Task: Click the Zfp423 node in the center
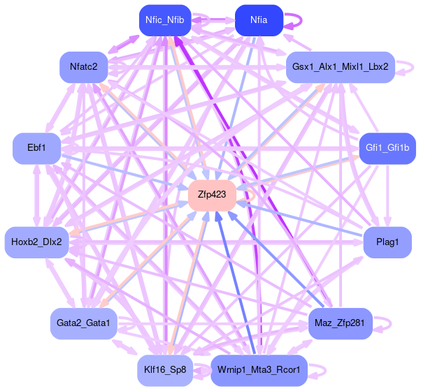212,195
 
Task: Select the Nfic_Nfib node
164,20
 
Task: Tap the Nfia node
259,20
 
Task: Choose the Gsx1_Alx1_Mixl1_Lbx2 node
341,67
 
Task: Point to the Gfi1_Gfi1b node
387,149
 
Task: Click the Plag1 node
387,242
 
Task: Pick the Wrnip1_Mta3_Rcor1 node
259,369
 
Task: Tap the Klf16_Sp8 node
165,369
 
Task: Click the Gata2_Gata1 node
83,323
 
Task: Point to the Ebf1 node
36,149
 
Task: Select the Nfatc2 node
83,67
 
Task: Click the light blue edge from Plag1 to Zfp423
301,219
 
